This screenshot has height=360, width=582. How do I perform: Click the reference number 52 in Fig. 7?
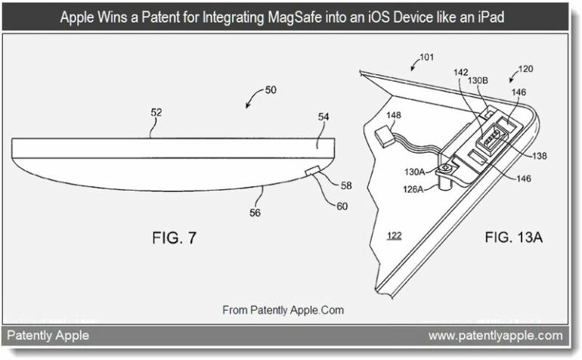[x=156, y=112]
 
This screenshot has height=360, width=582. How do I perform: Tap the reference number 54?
[x=324, y=117]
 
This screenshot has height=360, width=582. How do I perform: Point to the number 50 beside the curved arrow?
[x=271, y=90]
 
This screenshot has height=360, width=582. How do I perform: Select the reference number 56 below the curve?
[x=255, y=213]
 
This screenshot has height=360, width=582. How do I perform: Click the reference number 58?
[x=346, y=185]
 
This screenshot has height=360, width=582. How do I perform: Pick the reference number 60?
[x=342, y=206]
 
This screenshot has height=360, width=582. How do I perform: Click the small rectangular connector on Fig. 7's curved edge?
[x=312, y=170]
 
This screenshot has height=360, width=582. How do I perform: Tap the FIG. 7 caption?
[x=174, y=237]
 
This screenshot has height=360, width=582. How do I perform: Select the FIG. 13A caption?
[x=514, y=237]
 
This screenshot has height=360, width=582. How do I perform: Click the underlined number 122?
[x=395, y=235]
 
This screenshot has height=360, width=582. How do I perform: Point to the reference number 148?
[x=394, y=115]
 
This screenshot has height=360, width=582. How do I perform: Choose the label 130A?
[x=414, y=172]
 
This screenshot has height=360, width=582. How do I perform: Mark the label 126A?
[x=413, y=189]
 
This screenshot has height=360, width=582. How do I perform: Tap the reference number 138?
[x=540, y=156]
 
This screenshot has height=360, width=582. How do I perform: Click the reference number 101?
[x=426, y=57]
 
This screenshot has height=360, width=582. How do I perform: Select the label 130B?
[x=478, y=80]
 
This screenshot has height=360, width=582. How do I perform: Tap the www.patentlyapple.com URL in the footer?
[x=496, y=336]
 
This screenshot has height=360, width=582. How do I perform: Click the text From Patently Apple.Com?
[x=283, y=310]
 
